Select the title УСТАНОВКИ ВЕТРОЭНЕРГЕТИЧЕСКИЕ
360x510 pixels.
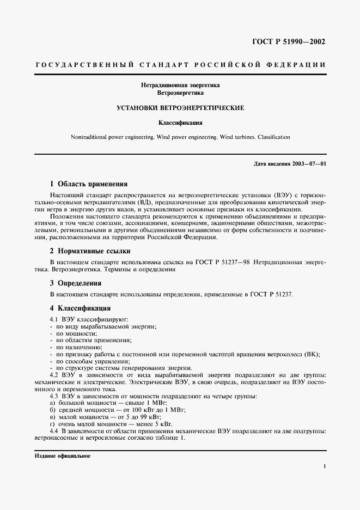coord(180,108)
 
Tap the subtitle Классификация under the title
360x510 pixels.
coord(180,123)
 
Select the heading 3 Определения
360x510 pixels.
coord(75,283)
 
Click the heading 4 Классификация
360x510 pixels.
coord(80,308)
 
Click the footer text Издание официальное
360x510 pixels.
coord(63,456)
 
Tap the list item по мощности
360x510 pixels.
coord(68,332)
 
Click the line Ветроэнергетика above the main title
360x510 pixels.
coord(180,93)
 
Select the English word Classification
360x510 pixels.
coord(270,137)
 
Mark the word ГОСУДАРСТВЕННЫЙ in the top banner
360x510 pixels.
coord(86,64)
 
